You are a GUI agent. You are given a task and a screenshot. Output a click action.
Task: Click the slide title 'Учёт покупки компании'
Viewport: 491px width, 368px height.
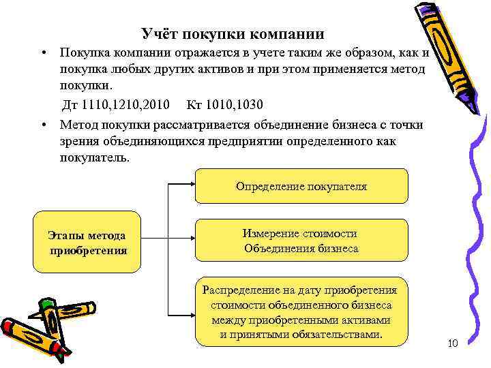(x=233, y=33)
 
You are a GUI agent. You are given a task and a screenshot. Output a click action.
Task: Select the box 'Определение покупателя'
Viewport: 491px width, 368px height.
(x=301, y=186)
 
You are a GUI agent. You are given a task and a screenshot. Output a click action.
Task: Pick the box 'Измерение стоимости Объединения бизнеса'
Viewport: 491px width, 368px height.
(x=301, y=241)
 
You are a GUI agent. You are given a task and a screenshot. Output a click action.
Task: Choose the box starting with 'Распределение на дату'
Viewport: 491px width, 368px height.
(x=301, y=311)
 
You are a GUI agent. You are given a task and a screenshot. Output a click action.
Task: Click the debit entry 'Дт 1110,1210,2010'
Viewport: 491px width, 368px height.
(x=116, y=105)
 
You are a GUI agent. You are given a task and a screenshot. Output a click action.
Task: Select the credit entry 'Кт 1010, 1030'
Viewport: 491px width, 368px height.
(x=224, y=105)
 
